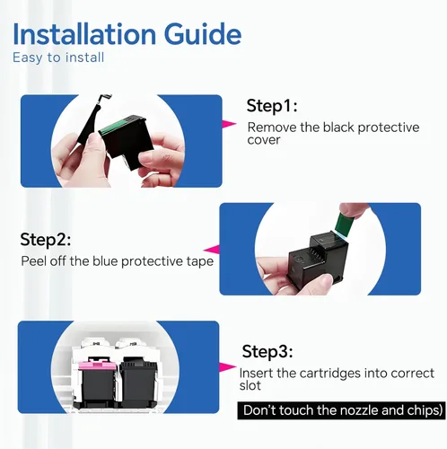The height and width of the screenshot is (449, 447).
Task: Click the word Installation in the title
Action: point(84,34)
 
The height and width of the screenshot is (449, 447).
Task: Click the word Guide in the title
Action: point(203,34)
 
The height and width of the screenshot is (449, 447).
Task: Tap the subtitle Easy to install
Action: point(58,57)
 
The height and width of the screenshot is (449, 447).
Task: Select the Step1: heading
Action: point(272,106)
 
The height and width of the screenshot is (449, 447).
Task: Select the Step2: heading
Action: point(46,240)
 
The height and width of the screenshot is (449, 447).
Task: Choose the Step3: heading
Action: point(267,351)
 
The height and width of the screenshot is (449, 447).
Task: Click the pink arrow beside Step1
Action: point(229,124)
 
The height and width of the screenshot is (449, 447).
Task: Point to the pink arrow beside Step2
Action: point(212,249)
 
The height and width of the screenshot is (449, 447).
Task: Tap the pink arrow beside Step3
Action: point(227,367)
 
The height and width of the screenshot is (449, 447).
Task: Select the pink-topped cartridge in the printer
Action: point(96,383)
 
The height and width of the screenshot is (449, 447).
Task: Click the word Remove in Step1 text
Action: point(272,128)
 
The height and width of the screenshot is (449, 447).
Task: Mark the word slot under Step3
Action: point(250,385)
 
